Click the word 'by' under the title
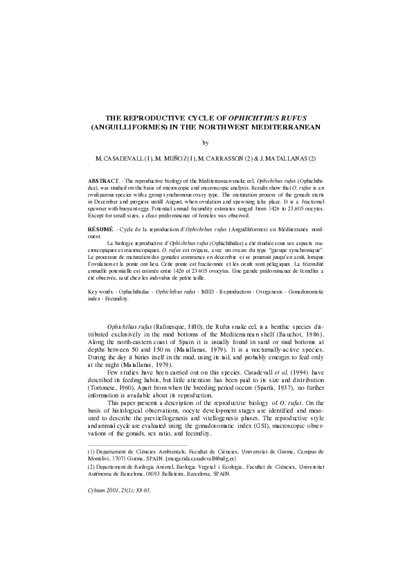(x=205, y=143)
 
